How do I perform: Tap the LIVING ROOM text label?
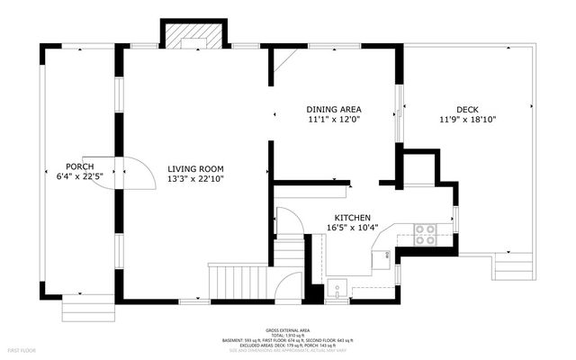coord(195,168)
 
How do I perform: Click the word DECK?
coord(467,109)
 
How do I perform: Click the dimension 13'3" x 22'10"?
coord(195,179)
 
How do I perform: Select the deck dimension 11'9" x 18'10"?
coord(467,120)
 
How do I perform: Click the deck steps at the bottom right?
coord(515,267)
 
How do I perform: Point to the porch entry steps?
coord(88,310)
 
